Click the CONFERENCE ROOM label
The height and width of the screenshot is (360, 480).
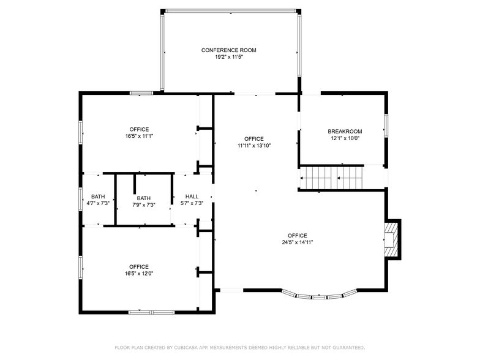[228, 50]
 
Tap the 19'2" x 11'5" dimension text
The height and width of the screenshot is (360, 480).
[228, 57]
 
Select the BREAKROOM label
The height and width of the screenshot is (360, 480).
[345, 131]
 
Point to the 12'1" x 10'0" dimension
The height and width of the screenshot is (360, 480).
[345, 138]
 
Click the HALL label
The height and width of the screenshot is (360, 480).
[192, 197]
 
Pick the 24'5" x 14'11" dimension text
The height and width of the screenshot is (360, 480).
[298, 242]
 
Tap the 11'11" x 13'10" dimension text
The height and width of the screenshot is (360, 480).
[254, 146]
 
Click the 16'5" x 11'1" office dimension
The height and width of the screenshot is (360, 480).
[139, 137]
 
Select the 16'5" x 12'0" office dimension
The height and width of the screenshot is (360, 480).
[139, 274]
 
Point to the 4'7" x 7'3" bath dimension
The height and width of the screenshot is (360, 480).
[98, 203]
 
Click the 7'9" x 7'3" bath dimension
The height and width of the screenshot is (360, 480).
[144, 205]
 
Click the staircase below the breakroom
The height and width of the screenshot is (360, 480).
[331, 179]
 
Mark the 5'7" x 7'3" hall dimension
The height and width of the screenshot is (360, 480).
[192, 203]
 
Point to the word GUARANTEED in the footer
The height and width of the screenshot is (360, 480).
[350, 347]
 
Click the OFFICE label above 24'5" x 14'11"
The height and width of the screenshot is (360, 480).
[298, 235]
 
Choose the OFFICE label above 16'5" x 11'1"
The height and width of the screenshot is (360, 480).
[139, 129]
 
